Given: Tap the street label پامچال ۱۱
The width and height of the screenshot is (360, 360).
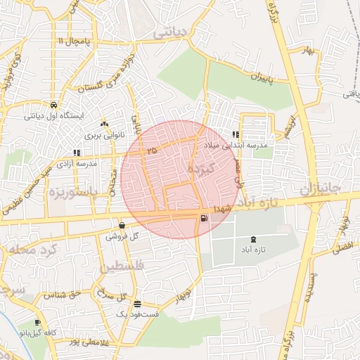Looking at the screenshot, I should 74,42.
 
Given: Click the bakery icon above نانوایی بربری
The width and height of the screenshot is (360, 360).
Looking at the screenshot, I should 103,122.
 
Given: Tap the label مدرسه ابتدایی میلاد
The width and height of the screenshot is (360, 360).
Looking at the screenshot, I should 236,145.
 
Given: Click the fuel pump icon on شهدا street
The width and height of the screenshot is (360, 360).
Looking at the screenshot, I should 204,219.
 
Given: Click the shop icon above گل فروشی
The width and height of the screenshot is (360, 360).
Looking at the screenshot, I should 122,226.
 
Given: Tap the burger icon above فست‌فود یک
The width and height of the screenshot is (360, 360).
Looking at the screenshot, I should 136,304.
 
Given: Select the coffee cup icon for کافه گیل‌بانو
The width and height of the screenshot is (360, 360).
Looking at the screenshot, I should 38,322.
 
